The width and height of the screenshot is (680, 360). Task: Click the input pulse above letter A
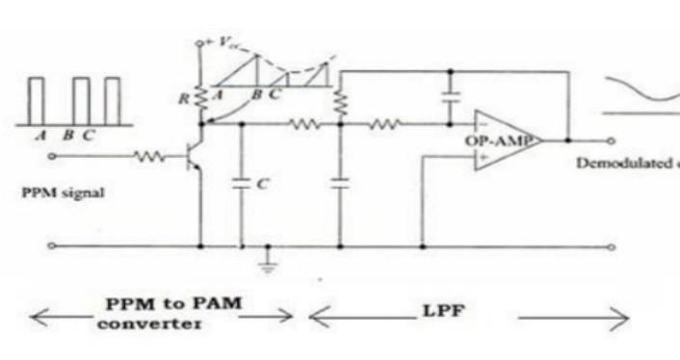[37, 99]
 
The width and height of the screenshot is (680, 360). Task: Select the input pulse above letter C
[113, 99]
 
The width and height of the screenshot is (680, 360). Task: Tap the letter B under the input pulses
[68, 136]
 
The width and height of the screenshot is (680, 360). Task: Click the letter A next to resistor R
[219, 94]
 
